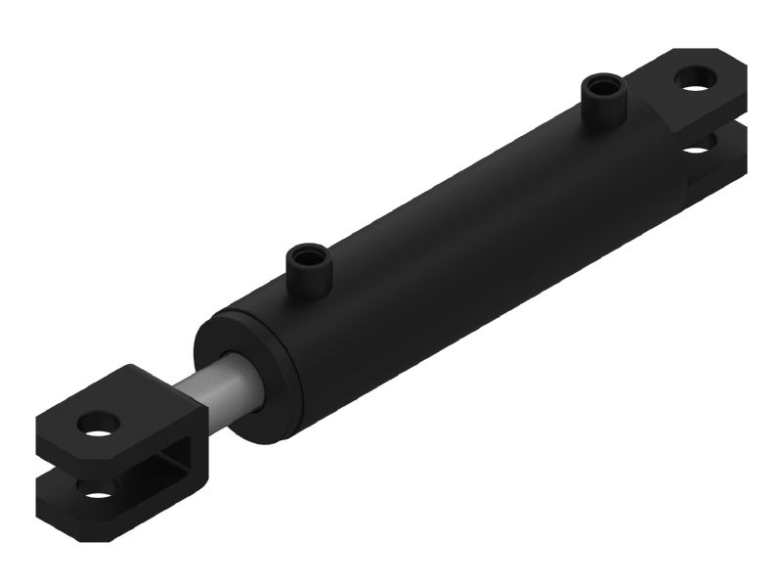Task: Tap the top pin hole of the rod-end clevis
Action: click(x=101, y=424)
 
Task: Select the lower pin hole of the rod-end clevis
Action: click(x=98, y=486)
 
